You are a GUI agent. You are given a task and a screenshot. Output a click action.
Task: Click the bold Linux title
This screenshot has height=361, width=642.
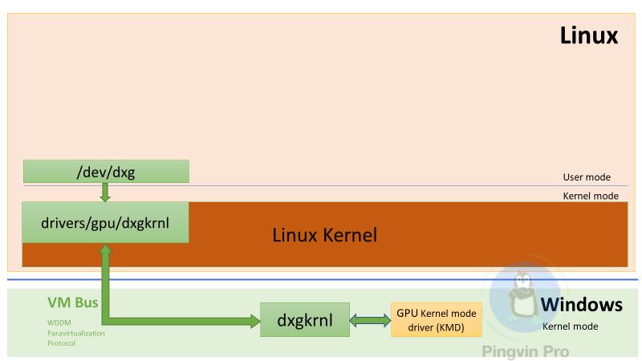click(x=589, y=35)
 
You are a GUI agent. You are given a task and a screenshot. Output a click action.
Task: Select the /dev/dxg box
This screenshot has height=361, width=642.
click(x=106, y=172)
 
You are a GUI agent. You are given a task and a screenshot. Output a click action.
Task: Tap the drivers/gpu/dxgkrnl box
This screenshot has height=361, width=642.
click(x=105, y=222)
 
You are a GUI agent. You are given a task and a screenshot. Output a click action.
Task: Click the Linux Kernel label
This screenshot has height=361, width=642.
click(x=325, y=235)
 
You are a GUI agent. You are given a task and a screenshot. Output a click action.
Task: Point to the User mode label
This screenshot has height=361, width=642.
click(x=587, y=176)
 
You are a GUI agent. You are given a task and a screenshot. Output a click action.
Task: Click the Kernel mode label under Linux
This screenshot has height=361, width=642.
click(x=591, y=196)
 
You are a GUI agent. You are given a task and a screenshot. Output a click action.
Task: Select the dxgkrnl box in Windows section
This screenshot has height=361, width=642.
click(x=305, y=319)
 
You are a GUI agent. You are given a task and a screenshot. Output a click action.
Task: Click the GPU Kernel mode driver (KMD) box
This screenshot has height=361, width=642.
click(x=436, y=319)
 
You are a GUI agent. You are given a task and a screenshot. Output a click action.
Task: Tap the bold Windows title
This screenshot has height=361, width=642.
click(x=581, y=305)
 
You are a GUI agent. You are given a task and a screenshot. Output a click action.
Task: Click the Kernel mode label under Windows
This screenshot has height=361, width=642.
click(x=570, y=327)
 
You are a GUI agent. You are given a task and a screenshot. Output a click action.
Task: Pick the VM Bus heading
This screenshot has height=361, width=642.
click(x=73, y=302)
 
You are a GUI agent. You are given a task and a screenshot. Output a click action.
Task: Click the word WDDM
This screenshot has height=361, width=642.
click(x=59, y=323)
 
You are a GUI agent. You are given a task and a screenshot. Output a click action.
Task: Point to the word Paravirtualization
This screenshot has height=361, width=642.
click(x=76, y=333)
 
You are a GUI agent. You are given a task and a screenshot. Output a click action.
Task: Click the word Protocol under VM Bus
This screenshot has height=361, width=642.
click(x=62, y=343)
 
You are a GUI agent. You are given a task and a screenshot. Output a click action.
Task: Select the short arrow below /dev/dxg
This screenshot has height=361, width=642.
click(x=105, y=192)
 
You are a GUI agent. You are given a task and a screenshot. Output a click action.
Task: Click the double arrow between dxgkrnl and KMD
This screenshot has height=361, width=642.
click(x=370, y=320)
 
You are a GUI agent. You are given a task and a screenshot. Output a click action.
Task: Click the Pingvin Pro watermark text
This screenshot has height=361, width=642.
click(x=526, y=351)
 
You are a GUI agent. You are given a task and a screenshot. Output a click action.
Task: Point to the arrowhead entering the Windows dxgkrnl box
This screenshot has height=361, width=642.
click(x=254, y=321)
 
